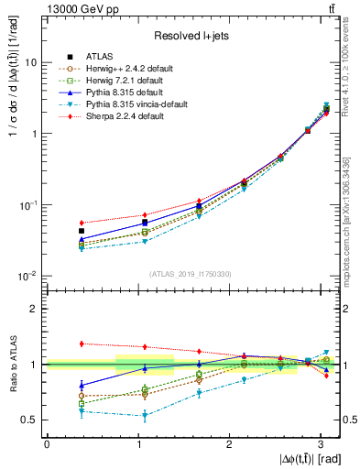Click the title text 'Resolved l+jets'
pyautogui.click(x=191, y=36)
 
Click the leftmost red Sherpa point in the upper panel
pyautogui.click(x=82, y=223)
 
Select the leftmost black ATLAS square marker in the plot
pyautogui.click(x=82, y=231)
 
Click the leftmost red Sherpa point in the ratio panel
pyautogui.click(x=82, y=344)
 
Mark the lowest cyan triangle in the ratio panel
pyautogui.click(x=119, y=415)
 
